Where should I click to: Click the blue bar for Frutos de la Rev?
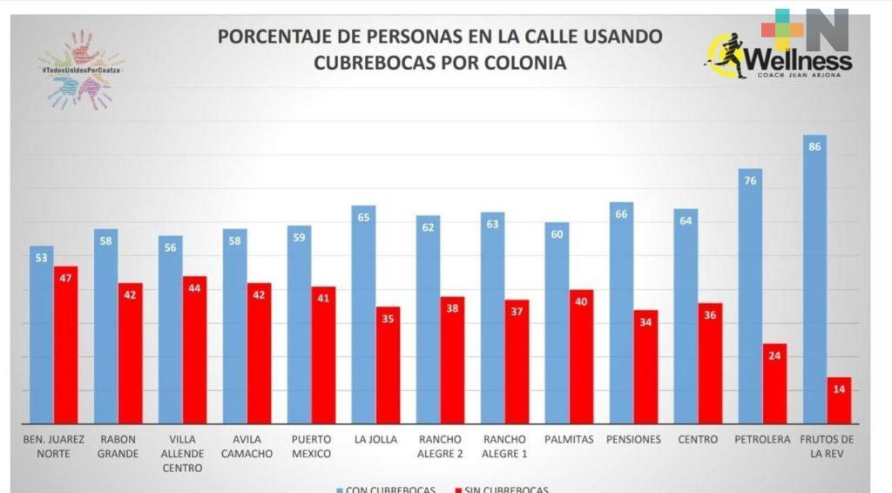click(814, 279)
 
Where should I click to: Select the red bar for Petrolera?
click(774, 383)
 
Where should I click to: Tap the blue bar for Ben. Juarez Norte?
click(41, 335)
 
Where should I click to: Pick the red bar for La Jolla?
click(388, 366)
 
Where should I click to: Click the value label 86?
click(814, 146)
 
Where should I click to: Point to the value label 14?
click(839, 388)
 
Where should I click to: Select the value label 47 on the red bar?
click(65, 277)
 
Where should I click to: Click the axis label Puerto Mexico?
click(312, 446)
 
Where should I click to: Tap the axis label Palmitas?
click(569, 440)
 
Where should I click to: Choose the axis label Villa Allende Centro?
click(183, 454)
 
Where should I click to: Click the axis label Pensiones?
click(633, 440)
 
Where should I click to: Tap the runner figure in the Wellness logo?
click(728, 56)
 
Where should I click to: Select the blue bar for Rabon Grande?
click(105, 327)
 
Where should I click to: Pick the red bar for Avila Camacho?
click(259, 353)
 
